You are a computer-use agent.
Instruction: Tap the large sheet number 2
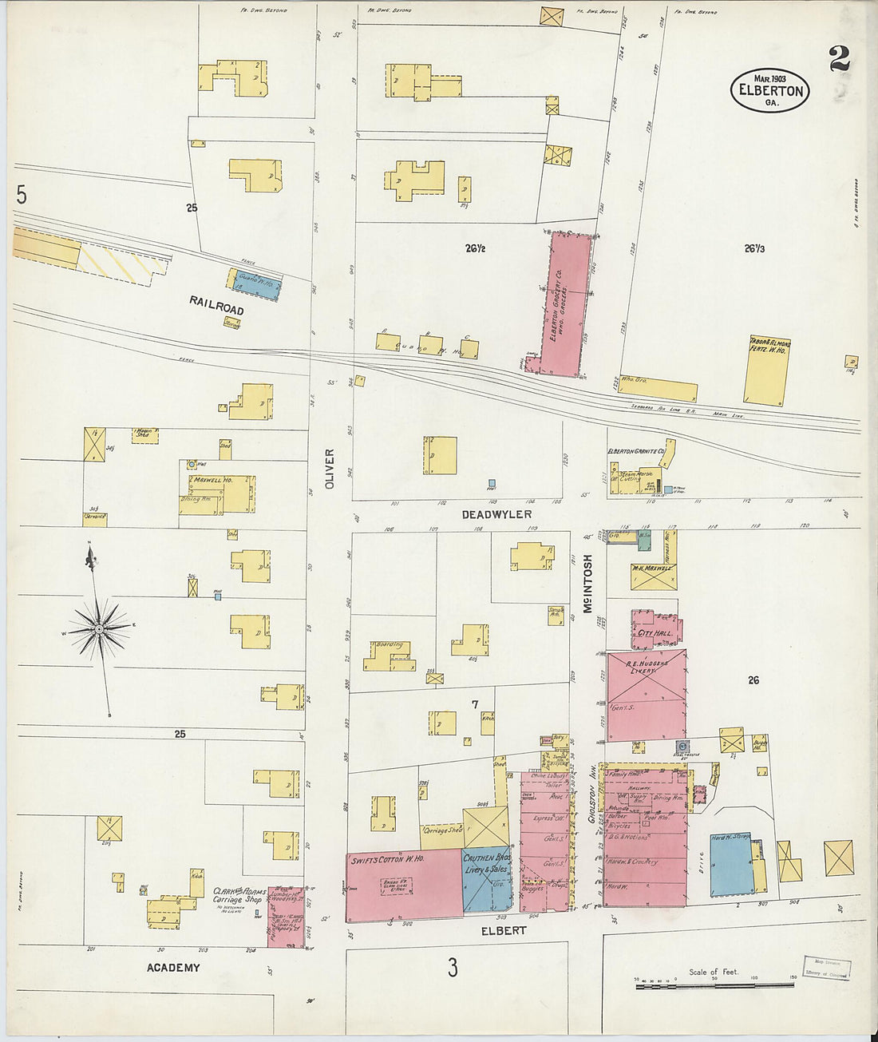point(839,59)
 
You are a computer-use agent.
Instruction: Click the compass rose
point(98,629)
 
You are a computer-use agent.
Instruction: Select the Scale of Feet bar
point(714,987)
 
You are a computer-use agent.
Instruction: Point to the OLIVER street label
point(330,469)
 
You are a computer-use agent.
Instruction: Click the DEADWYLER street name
point(496,514)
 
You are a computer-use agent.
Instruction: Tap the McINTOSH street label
point(588,584)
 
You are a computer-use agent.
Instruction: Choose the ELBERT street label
point(504,930)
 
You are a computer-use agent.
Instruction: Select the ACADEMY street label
point(173,968)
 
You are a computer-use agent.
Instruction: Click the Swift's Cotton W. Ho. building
point(403,885)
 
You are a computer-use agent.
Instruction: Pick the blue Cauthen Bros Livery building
point(487,878)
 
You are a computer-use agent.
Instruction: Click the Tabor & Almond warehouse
point(766,370)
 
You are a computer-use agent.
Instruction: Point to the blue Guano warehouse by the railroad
point(255,284)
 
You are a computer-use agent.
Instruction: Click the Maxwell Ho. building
point(219,493)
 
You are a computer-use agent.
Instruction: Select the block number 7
point(474,704)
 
